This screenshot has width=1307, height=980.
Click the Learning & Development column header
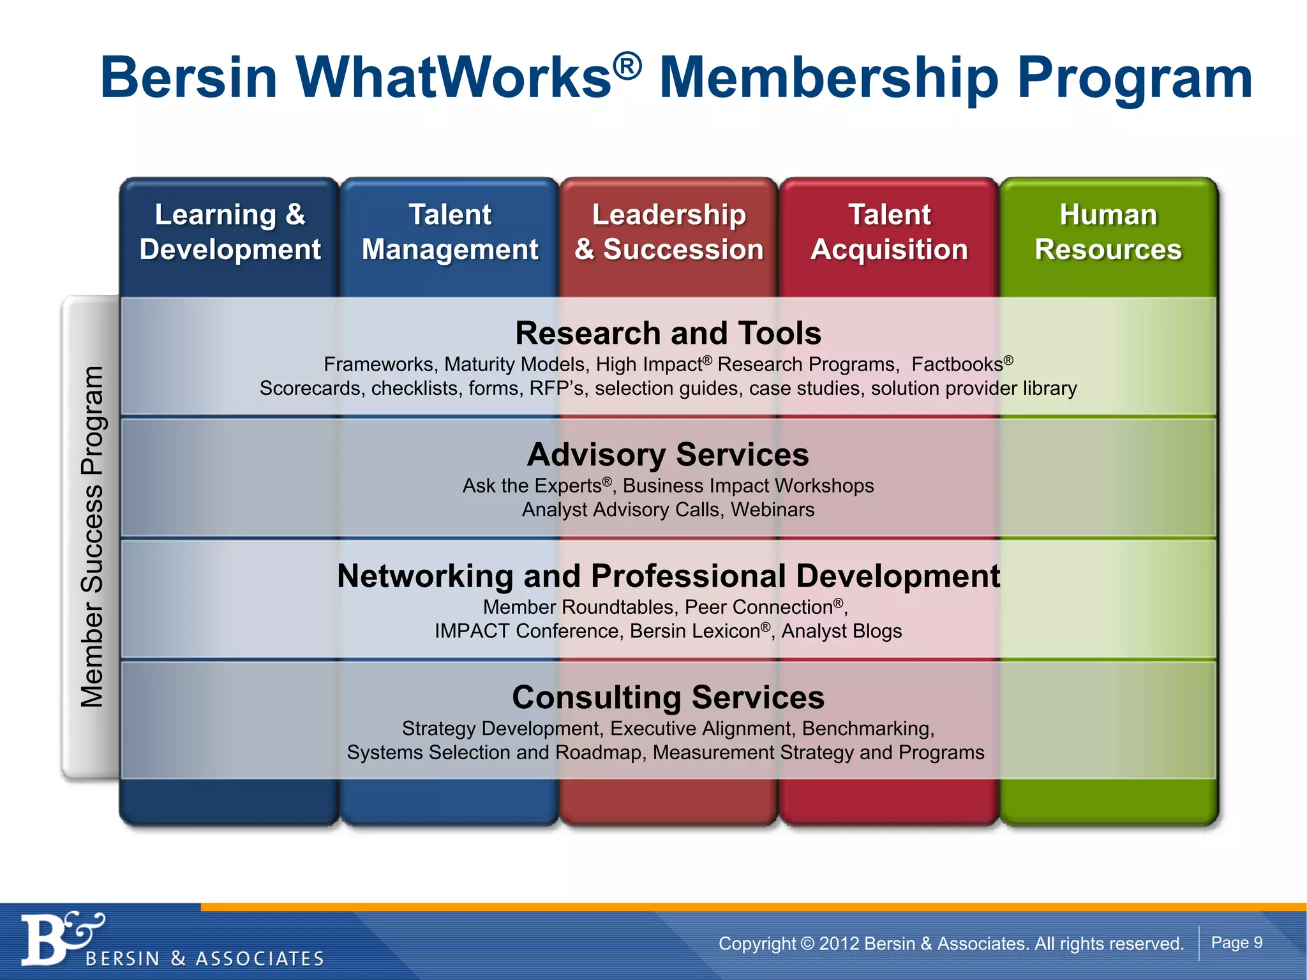click(230, 232)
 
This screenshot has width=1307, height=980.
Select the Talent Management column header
click(450, 232)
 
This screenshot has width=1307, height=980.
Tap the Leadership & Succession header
click(669, 232)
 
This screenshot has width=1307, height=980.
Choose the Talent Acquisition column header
click(889, 232)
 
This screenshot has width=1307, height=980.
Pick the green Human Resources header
click(1109, 232)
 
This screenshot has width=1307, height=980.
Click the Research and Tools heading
click(668, 333)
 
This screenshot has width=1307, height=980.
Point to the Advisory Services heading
click(668, 455)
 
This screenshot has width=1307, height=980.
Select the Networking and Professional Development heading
click(668, 576)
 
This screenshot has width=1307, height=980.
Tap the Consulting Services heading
click(668, 697)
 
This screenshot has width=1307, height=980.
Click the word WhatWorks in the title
click(454, 78)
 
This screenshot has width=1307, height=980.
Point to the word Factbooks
click(957, 364)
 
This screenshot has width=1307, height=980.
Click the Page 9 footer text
click(1237, 943)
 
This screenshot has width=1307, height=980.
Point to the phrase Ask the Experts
click(532, 486)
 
